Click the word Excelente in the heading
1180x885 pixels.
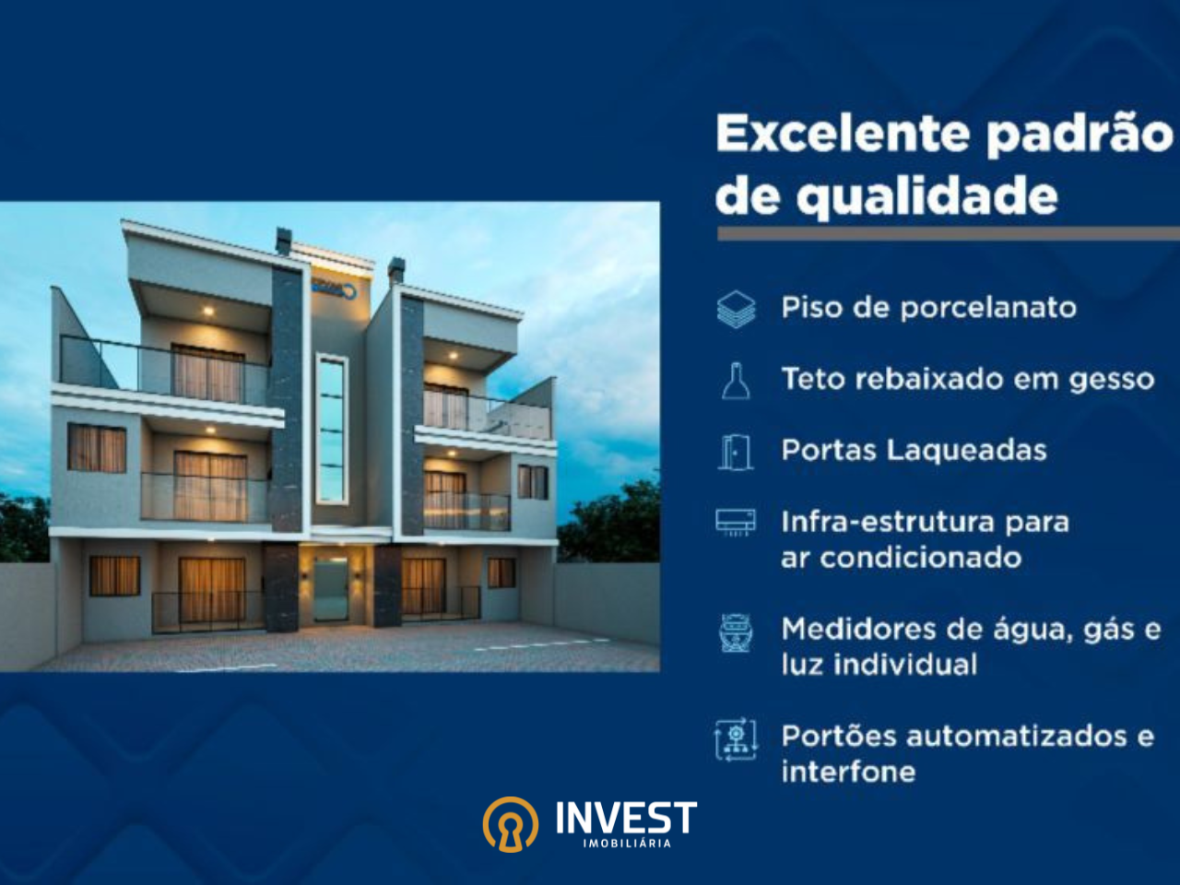[x=843, y=134]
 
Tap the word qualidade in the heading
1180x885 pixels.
[x=927, y=197]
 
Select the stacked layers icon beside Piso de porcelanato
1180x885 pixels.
[x=736, y=309]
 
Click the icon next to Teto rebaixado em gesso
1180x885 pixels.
[x=736, y=381]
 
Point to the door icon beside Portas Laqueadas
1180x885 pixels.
[x=736, y=453]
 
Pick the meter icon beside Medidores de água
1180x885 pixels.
[x=736, y=632]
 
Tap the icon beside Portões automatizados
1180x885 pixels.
[x=736, y=739]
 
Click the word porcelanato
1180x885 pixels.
[x=988, y=309]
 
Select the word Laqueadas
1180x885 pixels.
[x=967, y=450]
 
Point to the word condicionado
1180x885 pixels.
[x=920, y=558]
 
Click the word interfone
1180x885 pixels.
[x=848, y=772]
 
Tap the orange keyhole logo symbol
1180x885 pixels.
[x=510, y=824]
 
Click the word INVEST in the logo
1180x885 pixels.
[x=626, y=818]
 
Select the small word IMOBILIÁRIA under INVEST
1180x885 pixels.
[x=627, y=844]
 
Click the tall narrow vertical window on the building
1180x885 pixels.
[x=331, y=429]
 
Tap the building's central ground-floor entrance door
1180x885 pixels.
[x=331, y=589]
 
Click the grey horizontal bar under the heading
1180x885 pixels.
[x=949, y=233]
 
